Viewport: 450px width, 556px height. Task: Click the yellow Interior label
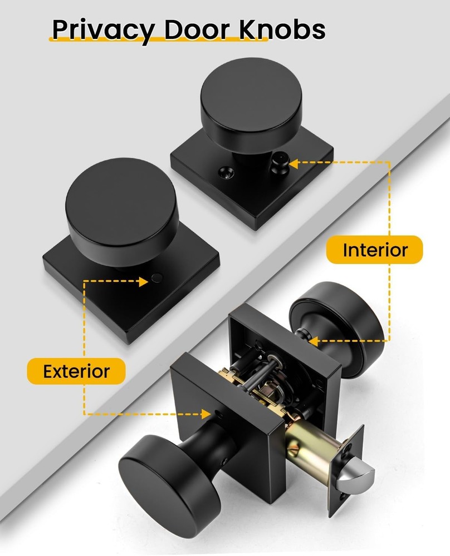click(x=375, y=250)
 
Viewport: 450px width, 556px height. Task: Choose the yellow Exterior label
click(x=76, y=371)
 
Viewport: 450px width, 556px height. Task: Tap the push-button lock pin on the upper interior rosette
click(x=278, y=162)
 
